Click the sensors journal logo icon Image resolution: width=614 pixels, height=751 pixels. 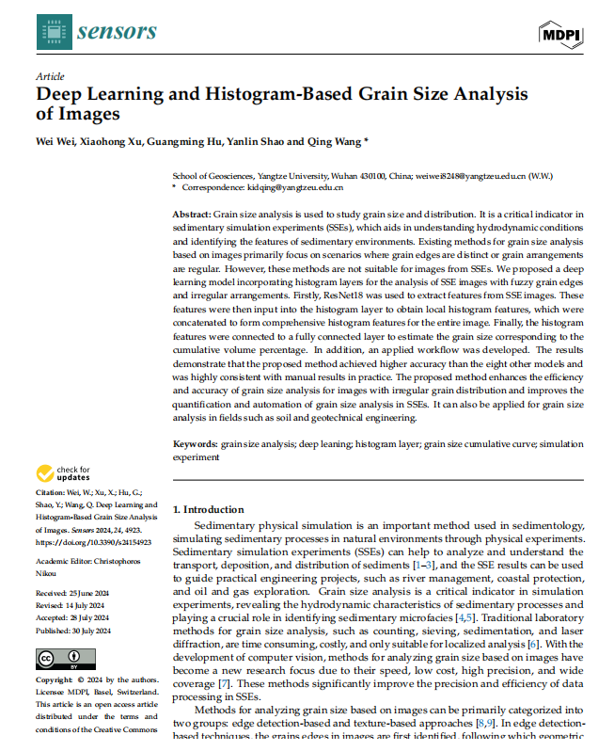pos(53,32)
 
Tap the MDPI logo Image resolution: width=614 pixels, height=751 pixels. pos(561,34)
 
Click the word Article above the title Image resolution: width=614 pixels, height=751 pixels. pos(50,75)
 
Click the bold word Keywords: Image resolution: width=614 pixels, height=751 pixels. pos(195,442)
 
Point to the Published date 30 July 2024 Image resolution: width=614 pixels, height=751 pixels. pos(99,630)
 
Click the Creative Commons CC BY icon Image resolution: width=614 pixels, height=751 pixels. pos(57,658)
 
